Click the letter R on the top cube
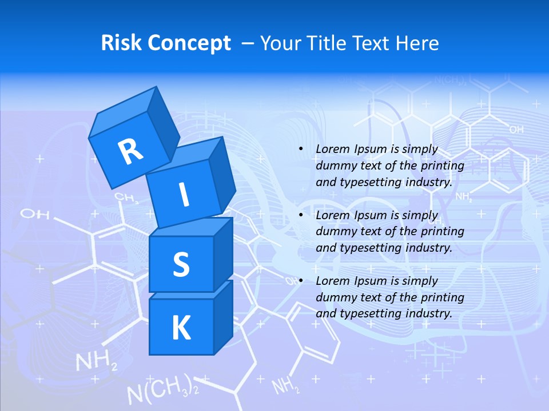coord(130,151)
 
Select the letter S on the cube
coord(181,264)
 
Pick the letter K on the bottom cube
coord(181,328)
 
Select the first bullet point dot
coord(301,149)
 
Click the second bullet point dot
coord(301,215)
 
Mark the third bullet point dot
coord(301,281)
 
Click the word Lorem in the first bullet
coord(332,149)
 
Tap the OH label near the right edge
coord(516,130)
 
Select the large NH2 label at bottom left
coord(97,362)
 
